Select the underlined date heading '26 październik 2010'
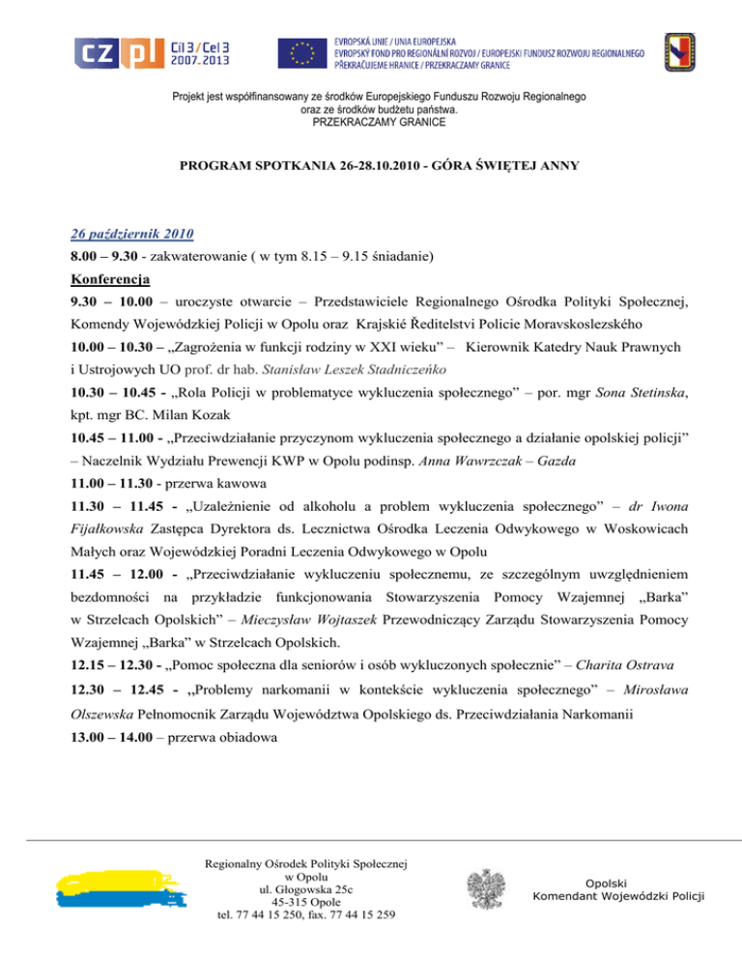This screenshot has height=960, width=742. click(133, 234)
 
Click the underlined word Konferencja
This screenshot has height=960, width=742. click(110, 282)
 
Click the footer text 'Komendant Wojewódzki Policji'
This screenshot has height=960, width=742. click(618, 896)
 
